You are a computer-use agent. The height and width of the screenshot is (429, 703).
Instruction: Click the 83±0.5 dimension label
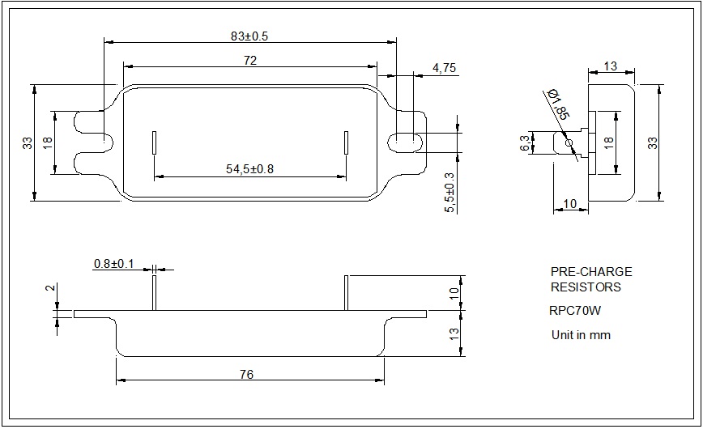click(249, 36)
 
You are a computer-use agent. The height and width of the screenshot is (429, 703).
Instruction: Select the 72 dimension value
click(249, 61)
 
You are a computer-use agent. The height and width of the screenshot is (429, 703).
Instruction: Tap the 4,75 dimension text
click(443, 68)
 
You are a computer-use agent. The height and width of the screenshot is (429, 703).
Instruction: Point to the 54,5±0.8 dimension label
click(249, 169)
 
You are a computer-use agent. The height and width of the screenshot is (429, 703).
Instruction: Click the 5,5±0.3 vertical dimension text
click(450, 193)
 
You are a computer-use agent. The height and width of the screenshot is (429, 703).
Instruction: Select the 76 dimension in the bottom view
click(247, 374)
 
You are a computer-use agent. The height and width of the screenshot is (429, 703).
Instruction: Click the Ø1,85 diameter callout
click(559, 104)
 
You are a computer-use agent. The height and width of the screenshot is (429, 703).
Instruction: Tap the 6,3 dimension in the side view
click(525, 143)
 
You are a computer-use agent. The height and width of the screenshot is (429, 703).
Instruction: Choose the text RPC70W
click(575, 310)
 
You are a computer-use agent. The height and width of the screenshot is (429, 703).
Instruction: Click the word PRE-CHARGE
click(590, 272)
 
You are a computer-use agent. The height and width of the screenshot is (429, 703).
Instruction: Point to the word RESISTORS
click(586, 287)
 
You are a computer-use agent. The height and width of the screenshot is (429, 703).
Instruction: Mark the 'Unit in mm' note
click(581, 334)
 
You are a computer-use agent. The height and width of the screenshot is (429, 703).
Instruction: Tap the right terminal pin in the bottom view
click(346, 292)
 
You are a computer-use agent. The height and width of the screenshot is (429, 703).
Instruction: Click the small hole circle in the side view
click(569, 143)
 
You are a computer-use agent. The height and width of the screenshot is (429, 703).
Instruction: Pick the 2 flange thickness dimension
click(49, 287)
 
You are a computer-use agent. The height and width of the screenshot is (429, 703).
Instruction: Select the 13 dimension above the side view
click(610, 66)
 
